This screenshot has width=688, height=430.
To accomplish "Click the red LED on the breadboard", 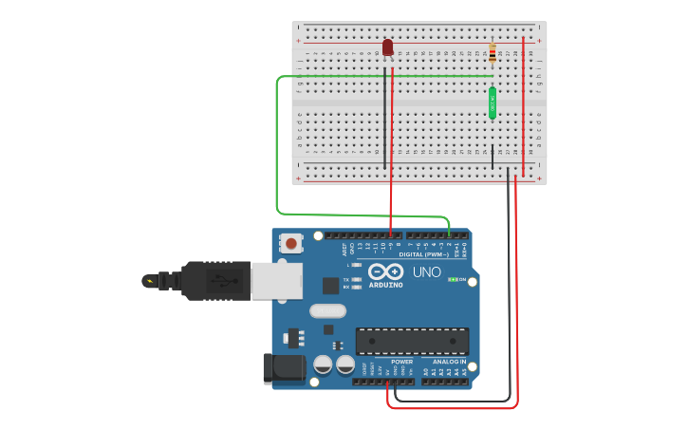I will coord(387,47).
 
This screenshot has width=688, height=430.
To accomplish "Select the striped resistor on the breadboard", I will coord(492,53).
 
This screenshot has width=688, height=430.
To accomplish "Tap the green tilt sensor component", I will coord(493,103).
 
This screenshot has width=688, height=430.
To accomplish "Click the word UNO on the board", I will coord(426,272).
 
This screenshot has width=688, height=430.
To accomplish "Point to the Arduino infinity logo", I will coord(385,271).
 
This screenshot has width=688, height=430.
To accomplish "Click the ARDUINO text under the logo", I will coord(385,285).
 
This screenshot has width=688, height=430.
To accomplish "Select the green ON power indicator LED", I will coord(452,279).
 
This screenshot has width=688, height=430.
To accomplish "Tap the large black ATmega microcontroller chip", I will coord(412,341).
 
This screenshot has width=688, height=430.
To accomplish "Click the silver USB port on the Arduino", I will coord(276,280).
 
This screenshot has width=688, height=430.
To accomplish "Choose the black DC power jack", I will coord(283,368).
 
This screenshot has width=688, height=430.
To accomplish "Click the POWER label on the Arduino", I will coord(401,362).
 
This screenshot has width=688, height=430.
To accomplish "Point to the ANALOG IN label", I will coord(449,362).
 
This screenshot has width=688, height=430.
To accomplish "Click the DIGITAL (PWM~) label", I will coord(424,254).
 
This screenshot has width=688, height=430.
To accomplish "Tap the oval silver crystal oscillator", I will coord(326,310).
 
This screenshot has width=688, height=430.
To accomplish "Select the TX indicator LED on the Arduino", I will coord(356,279).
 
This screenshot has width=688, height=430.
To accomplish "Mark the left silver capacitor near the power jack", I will coord(323,365).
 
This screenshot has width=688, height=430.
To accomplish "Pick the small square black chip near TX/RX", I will coord(330,285).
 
